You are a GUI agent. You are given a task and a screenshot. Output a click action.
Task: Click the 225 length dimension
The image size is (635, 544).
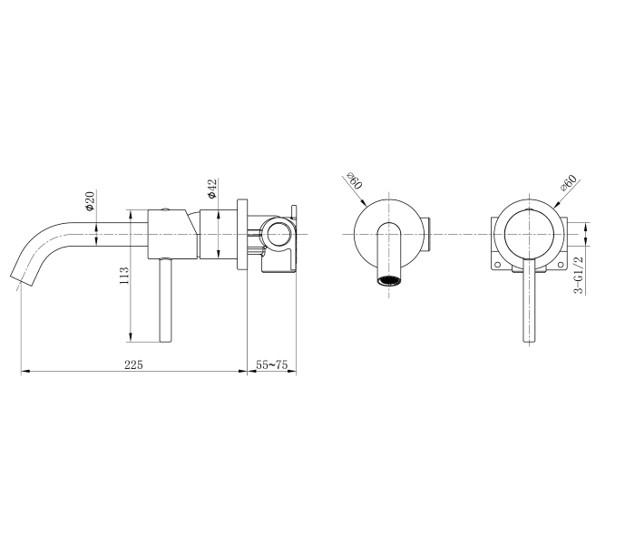pos(134,364)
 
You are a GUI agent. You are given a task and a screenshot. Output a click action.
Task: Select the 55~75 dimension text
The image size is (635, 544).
pos(272,364)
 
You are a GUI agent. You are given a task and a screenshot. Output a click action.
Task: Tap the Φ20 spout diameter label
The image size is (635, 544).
pos(91,200)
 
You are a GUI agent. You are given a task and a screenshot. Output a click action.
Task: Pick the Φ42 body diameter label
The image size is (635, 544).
pos(210,189)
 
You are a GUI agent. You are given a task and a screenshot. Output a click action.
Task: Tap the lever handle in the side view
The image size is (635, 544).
pos(165,299)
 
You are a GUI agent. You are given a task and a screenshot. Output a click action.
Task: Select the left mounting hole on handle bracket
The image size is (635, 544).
pos(497,265)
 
